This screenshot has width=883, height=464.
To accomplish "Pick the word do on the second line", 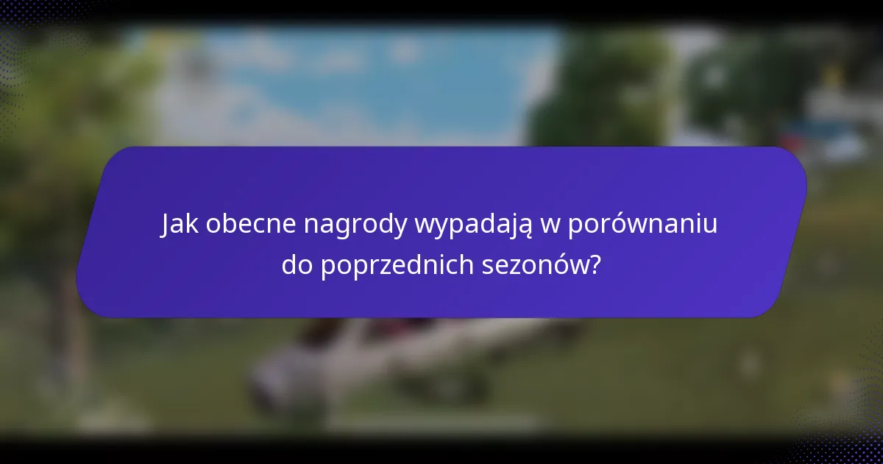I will pos(298,265).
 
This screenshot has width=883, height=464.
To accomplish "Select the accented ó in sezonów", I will pos(553,264).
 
